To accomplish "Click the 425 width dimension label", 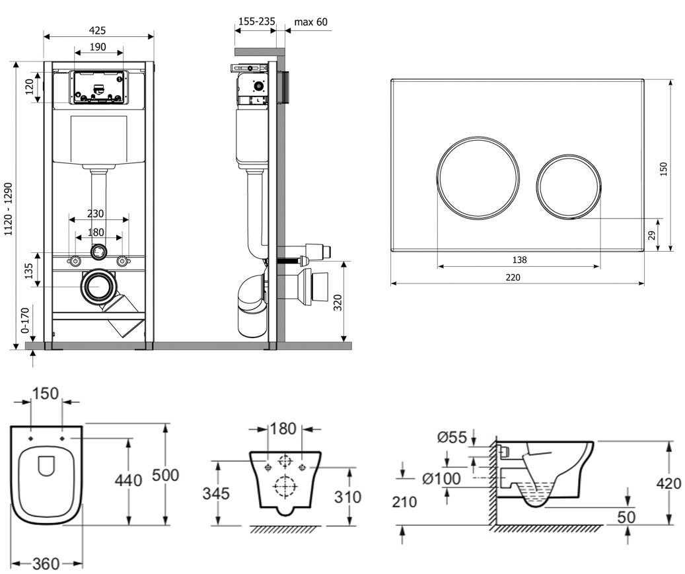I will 98,30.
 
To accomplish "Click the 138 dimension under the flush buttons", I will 519,260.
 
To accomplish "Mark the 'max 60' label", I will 310,22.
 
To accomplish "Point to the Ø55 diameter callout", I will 451,437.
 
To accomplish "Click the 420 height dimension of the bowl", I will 668,484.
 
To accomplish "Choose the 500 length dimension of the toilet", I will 165,476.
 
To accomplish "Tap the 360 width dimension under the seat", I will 46,563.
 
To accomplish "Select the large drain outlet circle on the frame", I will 99,287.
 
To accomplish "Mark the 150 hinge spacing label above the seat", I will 47,394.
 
